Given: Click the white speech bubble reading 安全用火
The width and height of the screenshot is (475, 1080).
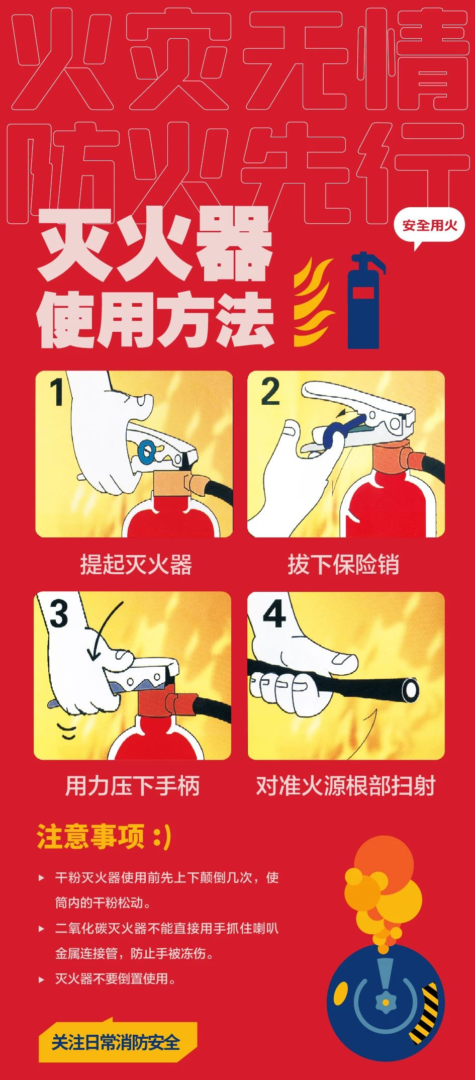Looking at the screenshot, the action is (x=430, y=226).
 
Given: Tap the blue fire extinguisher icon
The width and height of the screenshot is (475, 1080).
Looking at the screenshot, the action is (x=364, y=301).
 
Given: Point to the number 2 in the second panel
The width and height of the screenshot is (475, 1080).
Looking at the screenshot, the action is (x=270, y=392).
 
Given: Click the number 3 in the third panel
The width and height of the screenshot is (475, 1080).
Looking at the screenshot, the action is (x=59, y=614).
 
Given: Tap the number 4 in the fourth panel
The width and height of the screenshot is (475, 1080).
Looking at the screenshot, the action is (x=274, y=614).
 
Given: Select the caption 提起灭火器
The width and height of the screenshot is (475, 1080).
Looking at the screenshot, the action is (x=136, y=564).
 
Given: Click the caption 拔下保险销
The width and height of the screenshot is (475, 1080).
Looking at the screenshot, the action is (x=344, y=564).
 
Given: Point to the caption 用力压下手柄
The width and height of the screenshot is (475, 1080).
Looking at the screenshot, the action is (x=133, y=785).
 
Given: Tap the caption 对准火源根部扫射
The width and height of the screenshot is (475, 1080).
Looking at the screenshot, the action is (x=346, y=785).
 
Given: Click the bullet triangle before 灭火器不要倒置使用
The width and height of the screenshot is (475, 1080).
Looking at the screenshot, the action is (x=42, y=979).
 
